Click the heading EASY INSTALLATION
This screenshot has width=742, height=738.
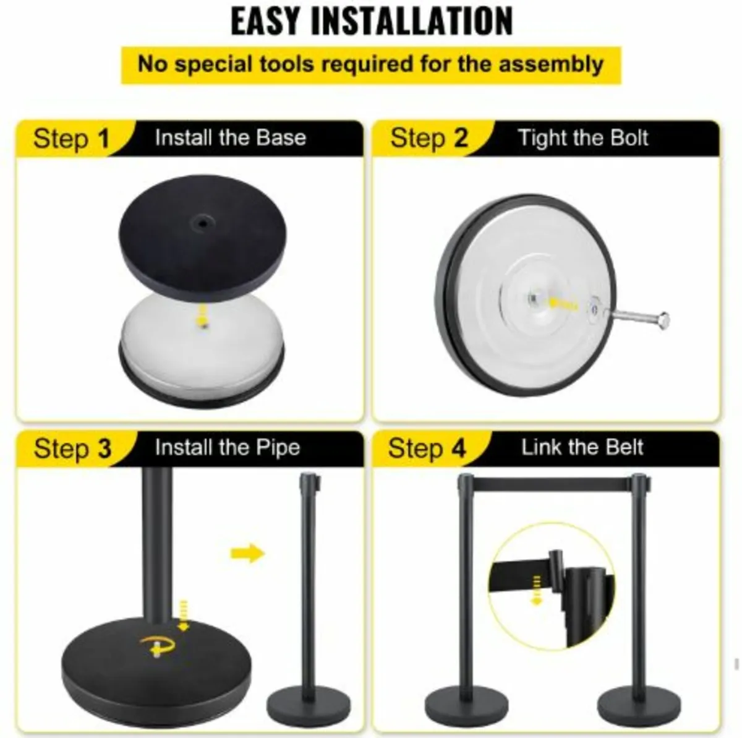pyautogui.click(x=372, y=21)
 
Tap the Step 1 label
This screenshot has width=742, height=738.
pyautogui.click(x=70, y=139)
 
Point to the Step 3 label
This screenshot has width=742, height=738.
pyautogui.click(x=72, y=448)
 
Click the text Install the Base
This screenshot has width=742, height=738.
pyautogui.click(x=230, y=137)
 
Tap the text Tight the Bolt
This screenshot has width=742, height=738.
pyautogui.click(x=582, y=137)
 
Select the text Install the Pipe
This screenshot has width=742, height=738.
pyautogui.click(x=227, y=447)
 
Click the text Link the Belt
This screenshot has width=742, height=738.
pyautogui.click(x=582, y=447)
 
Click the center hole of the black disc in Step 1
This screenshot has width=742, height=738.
pyautogui.click(x=202, y=220)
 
